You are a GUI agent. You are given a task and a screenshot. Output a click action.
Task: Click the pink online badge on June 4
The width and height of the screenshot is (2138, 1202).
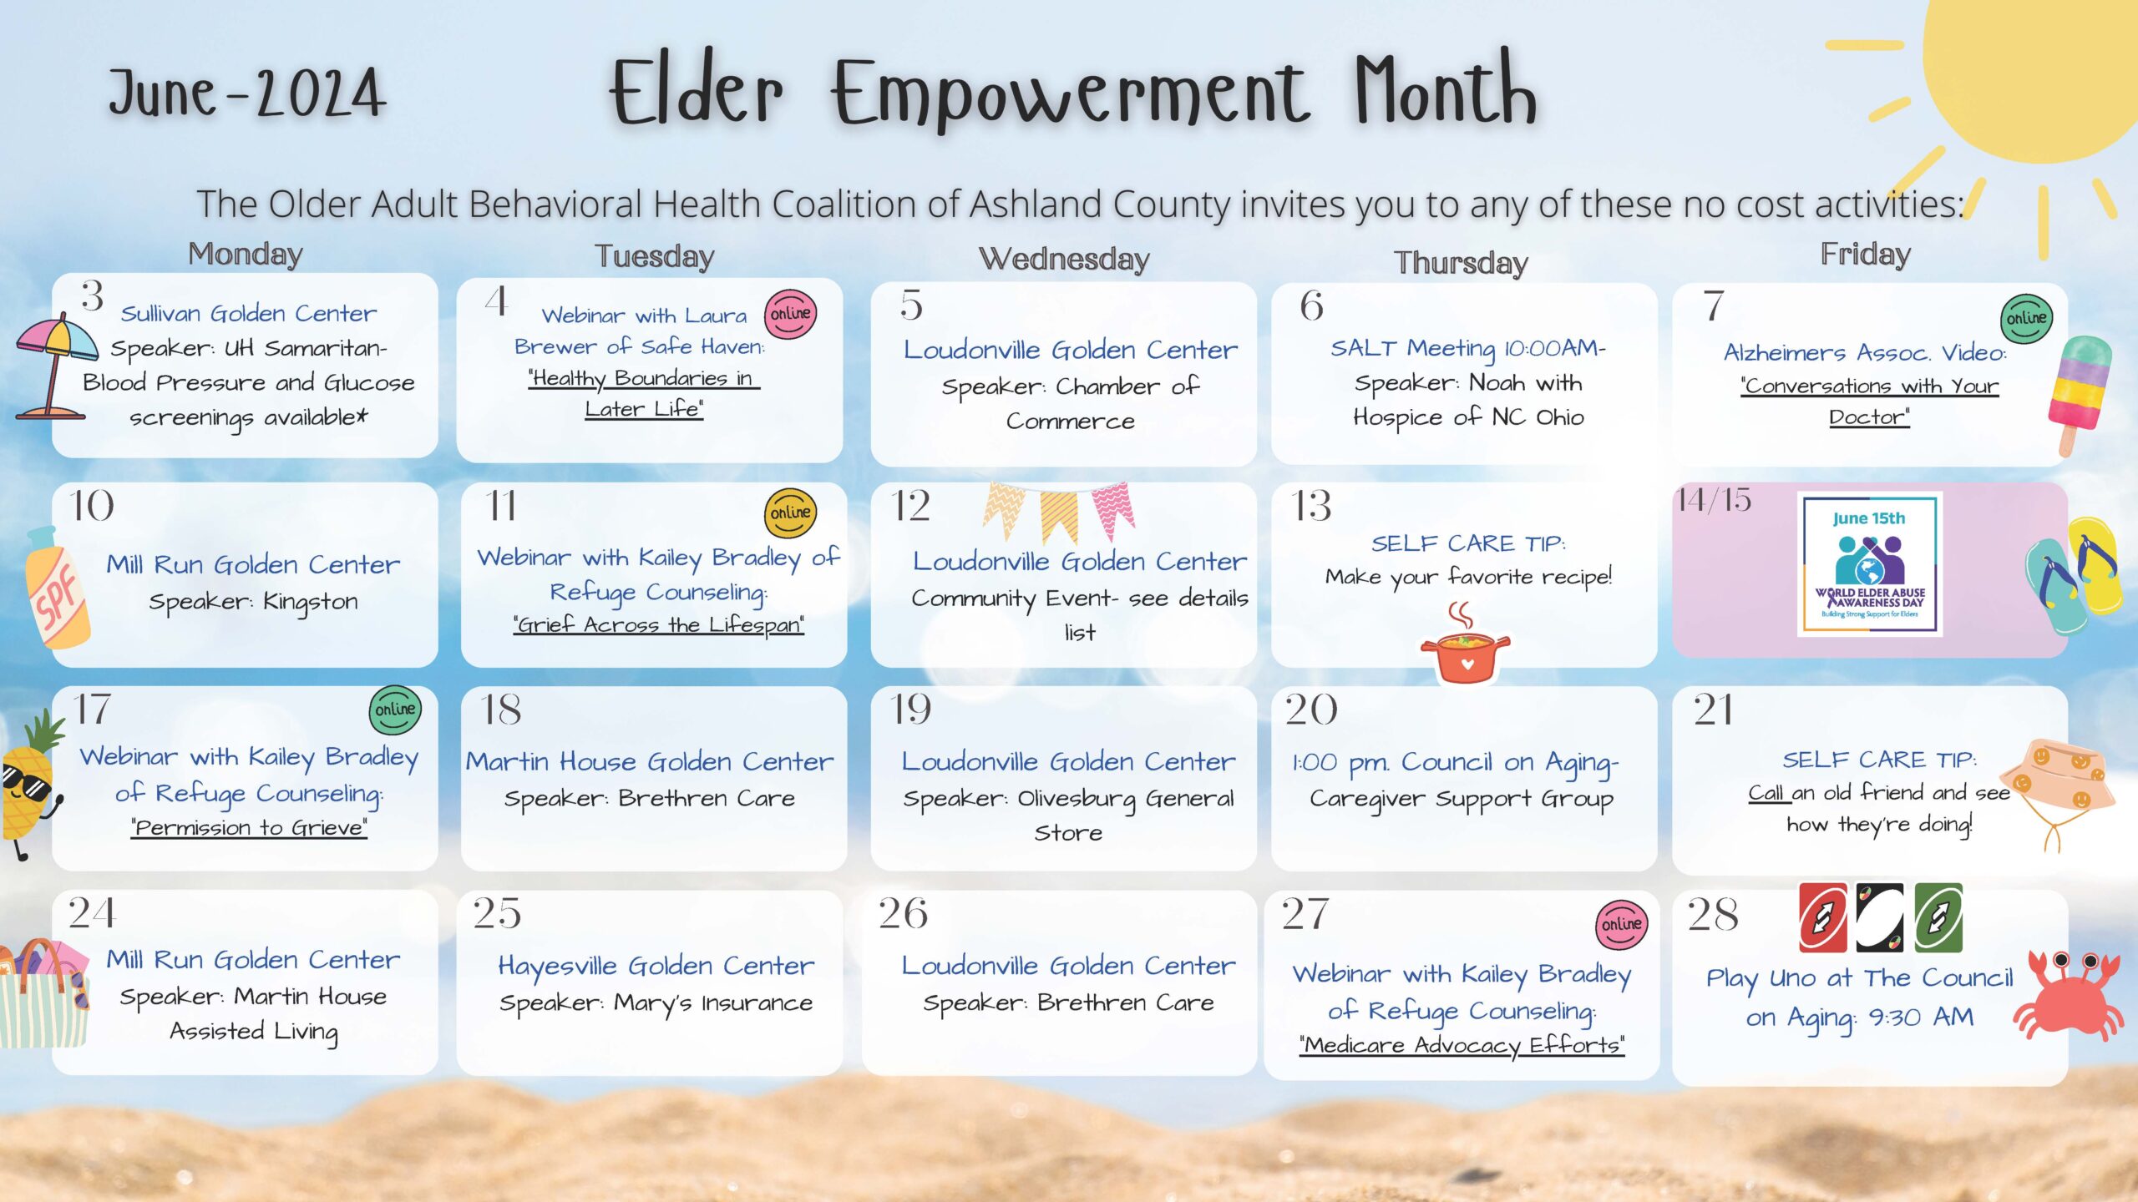[x=790, y=314]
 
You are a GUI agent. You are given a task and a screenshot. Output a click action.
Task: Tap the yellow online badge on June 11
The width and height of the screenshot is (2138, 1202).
[x=790, y=513]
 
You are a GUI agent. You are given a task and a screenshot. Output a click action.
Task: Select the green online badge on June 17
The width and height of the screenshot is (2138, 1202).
[x=395, y=710]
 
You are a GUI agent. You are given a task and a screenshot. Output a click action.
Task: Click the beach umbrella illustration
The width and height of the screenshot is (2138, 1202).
[x=52, y=367]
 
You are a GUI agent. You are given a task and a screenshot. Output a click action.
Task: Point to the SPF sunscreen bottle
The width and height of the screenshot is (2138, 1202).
[x=57, y=588]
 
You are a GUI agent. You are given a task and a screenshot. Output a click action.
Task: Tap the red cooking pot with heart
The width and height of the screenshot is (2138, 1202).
[x=1465, y=647]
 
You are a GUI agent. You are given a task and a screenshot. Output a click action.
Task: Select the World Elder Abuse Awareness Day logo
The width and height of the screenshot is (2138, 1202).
[x=1869, y=564]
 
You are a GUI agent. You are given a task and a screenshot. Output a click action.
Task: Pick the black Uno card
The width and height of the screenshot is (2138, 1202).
[x=1880, y=917]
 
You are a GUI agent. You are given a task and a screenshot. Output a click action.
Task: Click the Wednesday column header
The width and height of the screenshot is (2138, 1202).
[x=1064, y=259]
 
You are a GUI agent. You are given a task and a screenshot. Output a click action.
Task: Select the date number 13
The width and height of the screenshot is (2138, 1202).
[x=1311, y=506]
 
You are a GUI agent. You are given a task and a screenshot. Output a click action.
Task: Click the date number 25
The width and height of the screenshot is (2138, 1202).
[x=497, y=913]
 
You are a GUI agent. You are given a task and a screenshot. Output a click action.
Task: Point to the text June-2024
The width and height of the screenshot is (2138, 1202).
[x=247, y=92]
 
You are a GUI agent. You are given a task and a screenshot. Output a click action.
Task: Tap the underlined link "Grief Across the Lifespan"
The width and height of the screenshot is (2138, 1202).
[x=659, y=625]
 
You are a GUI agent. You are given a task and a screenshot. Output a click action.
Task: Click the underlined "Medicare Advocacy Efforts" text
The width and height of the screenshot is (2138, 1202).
[x=1462, y=1045]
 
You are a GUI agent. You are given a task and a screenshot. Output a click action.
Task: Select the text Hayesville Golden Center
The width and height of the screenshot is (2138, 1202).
[x=656, y=967]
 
